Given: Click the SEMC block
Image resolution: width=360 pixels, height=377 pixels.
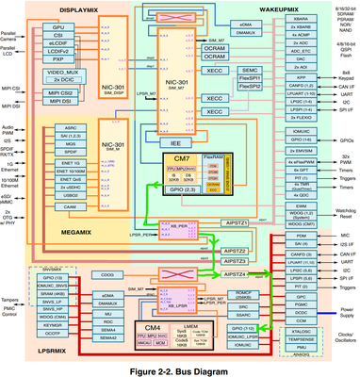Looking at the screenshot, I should pyautogui.click(x=249, y=70).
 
